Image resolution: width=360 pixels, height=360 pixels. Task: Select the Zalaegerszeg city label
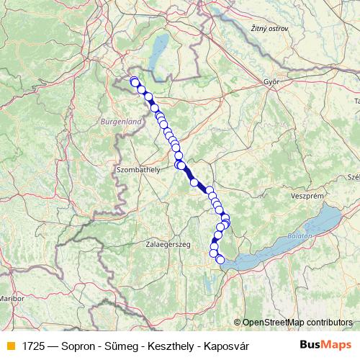[x=168, y=245]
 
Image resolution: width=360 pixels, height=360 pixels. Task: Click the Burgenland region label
[x=121, y=123]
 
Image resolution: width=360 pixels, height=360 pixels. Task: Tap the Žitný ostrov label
[x=271, y=29]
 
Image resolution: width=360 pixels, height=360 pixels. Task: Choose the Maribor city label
[x=12, y=297]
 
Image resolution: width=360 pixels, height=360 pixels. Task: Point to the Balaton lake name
[x=302, y=235]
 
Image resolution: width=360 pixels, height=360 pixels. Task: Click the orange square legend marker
[x=10, y=346]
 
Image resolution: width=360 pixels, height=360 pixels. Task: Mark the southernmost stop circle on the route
[x=220, y=260]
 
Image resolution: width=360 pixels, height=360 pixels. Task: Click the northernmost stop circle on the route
[x=133, y=81]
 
